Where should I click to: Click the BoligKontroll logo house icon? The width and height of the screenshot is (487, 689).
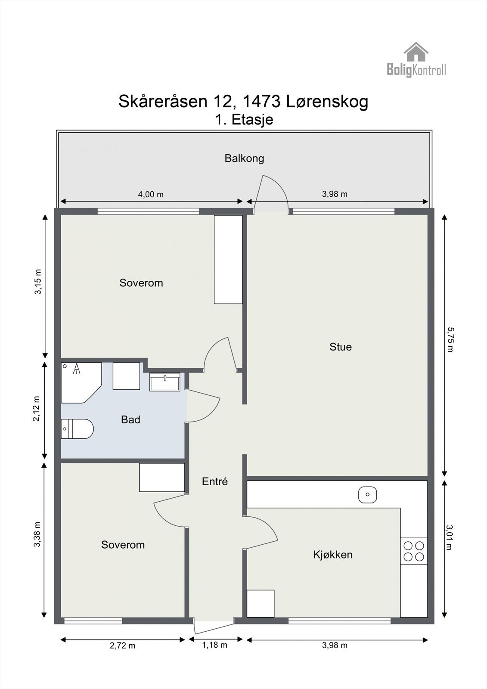(x=416, y=52)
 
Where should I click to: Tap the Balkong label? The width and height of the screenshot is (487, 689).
(x=244, y=158)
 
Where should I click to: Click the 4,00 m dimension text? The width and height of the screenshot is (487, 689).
(x=151, y=194)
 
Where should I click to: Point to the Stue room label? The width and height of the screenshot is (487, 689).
(x=340, y=347)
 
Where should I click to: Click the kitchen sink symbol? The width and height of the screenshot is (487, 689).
(x=368, y=494)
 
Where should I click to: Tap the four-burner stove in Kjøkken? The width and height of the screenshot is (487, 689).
(x=413, y=551)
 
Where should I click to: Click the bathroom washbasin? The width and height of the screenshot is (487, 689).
(x=164, y=382)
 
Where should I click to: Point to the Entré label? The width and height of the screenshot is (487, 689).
(x=214, y=481)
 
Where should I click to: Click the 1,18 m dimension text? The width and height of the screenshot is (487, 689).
(x=214, y=645)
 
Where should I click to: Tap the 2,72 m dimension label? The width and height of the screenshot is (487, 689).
(x=123, y=646)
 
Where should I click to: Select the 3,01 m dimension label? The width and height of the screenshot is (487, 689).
(x=449, y=537)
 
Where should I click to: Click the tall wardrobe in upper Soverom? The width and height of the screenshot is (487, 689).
(x=228, y=259)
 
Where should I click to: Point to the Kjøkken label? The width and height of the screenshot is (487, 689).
(x=332, y=555)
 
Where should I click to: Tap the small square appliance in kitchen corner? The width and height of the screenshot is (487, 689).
(x=260, y=603)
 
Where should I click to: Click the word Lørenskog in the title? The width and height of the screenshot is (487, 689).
(x=327, y=102)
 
